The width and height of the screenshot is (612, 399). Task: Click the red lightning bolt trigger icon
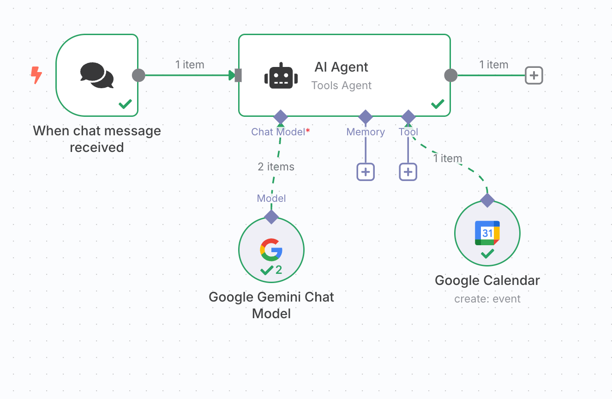pos(36,75)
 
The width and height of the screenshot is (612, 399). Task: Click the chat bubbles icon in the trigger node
pos(96,75)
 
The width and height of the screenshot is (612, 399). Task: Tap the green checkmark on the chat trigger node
pos(125,104)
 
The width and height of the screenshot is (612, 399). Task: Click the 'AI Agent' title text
pos(341,67)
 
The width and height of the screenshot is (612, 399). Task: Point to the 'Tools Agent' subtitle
pos(341,85)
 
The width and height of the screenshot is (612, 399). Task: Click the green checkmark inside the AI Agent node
pos(438,104)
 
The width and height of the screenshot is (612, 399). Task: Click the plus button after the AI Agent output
pos(534,75)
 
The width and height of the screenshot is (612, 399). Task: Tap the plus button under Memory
pos(366,172)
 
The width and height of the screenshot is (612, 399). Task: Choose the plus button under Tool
pos(408,172)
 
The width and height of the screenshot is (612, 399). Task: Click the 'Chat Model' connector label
pos(278,132)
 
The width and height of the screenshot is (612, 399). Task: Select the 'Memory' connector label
pos(366,132)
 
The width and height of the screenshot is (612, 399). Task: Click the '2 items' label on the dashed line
pos(276,167)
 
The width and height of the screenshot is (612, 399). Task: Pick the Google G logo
pos(271,250)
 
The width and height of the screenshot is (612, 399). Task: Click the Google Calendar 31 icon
pos(487,232)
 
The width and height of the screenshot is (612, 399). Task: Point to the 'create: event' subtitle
pos(487,299)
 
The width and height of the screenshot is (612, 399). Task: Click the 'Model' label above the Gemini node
pos(271,199)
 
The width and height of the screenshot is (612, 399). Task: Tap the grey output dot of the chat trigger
pos(138,75)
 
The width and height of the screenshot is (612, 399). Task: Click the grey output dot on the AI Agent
pos(450,75)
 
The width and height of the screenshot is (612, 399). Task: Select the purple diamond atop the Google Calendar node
pos(487,200)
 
